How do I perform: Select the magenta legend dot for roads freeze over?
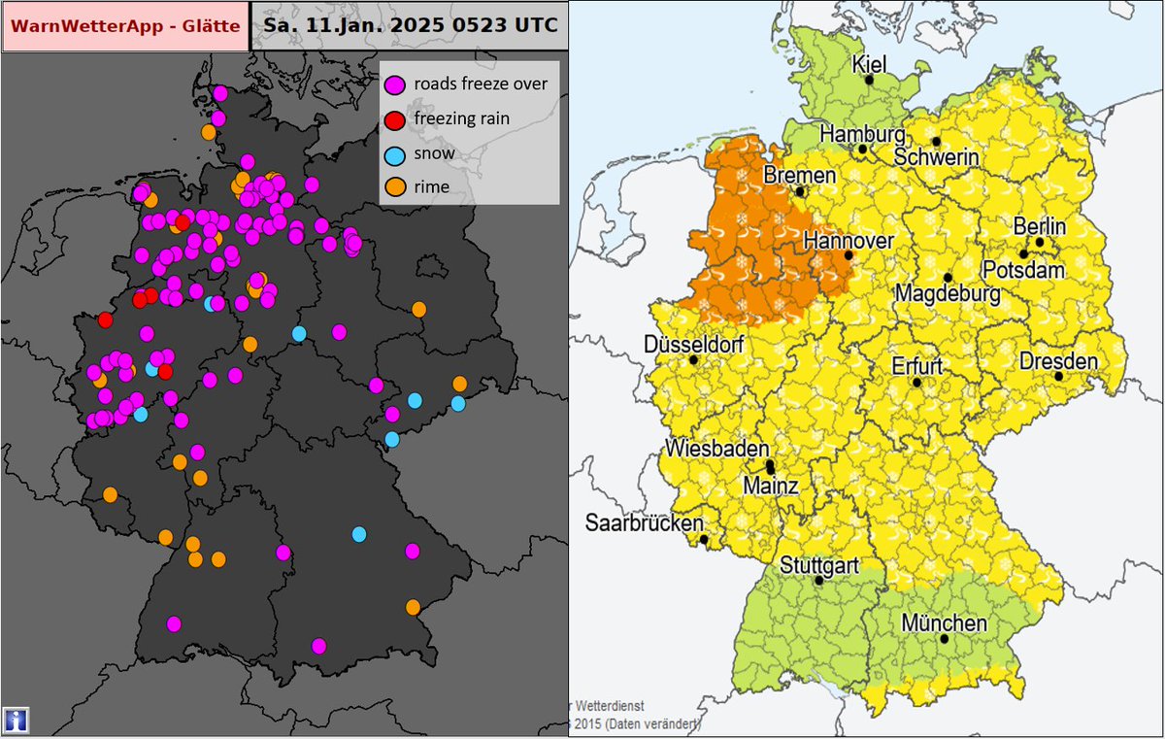(x=395, y=84)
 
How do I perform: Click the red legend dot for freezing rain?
(x=395, y=118)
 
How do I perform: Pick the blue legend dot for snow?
(x=395, y=153)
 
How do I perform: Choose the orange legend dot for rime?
(x=395, y=186)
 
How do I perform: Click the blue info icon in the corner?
(x=16, y=720)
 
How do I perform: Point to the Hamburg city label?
(x=862, y=133)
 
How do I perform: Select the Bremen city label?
(x=799, y=176)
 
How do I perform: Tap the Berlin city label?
(x=1039, y=226)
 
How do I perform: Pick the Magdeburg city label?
(x=947, y=292)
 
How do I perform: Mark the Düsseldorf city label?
(x=693, y=345)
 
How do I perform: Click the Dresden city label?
(x=1058, y=361)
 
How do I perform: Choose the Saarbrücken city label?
(x=644, y=522)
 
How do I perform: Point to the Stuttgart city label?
(x=818, y=564)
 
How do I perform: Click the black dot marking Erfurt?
(x=916, y=383)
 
